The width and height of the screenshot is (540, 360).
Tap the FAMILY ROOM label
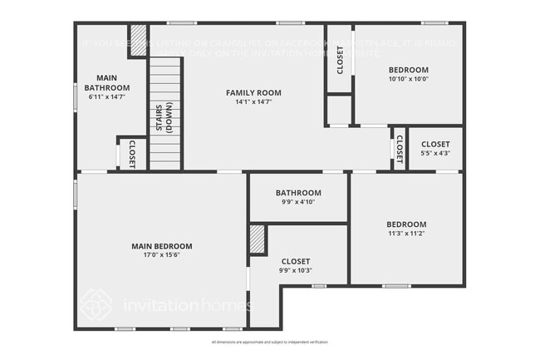(253, 92)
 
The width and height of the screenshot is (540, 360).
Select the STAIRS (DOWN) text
(164, 116)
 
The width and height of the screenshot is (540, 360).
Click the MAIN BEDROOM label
(162, 246)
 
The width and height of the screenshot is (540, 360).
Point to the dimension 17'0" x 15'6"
(162, 255)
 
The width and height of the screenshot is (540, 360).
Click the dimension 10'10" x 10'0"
(409, 79)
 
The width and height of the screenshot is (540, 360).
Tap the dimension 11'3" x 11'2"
(406, 234)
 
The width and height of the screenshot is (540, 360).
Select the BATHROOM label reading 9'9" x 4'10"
(298, 193)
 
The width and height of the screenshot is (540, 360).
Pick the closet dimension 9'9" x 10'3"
(296, 270)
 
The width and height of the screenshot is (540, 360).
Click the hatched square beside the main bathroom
(139, 41)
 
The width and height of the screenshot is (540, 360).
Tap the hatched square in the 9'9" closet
(258, 240)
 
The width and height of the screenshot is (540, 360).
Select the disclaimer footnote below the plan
(270, 343)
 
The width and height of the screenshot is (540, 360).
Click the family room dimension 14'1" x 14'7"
(253, 101)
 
